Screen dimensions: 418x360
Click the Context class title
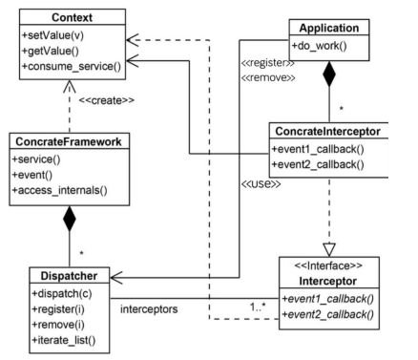point(72,17)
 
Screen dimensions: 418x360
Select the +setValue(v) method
point(53,35)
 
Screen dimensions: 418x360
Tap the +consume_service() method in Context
point(72,67)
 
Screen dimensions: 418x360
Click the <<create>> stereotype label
point(107,100)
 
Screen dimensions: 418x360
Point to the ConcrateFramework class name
point(69,141)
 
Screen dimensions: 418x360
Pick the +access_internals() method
point(60,190)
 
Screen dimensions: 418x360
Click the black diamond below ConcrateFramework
point(70,219)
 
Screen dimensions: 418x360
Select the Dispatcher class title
point(69,276)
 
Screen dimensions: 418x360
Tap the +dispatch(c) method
point(62,293)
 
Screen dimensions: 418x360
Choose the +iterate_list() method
point(64,340)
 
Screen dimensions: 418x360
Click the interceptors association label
point(149,309)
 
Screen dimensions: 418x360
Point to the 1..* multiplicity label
point(258,307)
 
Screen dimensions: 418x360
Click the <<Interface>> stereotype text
point(328,265)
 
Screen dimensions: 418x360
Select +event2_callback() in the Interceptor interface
point(328,314)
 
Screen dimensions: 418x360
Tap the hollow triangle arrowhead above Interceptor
point(329,249)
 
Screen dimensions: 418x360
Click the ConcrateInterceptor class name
point(327,132)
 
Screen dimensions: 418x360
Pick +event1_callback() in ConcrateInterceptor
point(318,149)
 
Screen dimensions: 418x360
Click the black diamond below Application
point(329,74)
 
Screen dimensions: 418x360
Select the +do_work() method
point(320,46)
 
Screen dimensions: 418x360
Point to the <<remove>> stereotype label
point(268,77)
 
